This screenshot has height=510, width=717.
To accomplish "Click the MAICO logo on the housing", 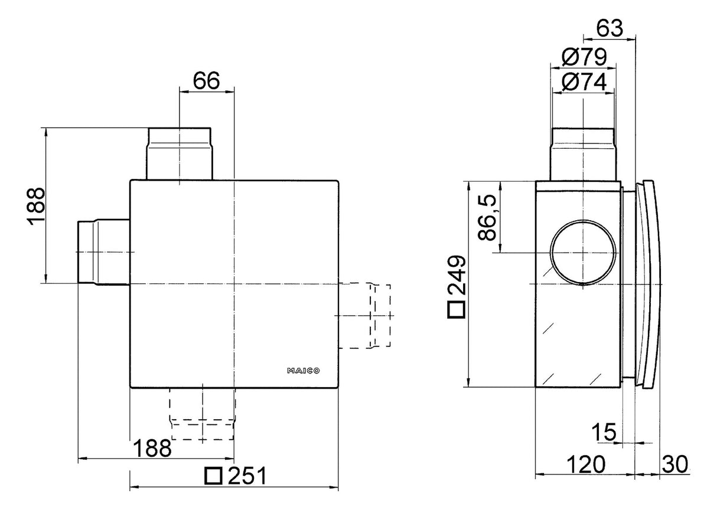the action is (x=303, y=371).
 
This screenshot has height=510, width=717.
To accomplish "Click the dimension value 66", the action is (x=207, y=81).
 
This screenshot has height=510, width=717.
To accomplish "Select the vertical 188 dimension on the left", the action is (x=36, y=207).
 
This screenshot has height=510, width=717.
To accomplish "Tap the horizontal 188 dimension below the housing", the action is (x=152, y=448).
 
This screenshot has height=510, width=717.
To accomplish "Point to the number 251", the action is (x=247, y=476).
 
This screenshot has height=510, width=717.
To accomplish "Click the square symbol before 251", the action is (x=213, y=476).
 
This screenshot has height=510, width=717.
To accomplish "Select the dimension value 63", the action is (x=610, y=28).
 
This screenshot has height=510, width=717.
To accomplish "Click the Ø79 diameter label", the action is (x=584, y=57).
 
